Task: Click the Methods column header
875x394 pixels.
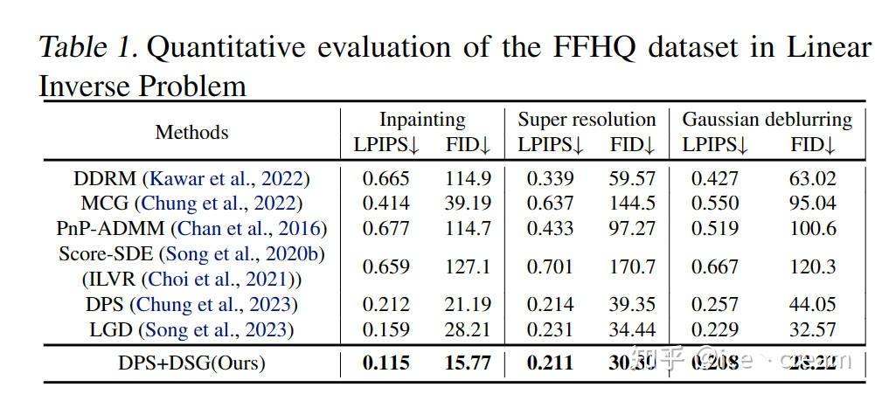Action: point(191,133)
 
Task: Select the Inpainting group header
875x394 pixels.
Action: point(422,120)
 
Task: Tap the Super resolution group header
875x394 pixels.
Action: point(587,120)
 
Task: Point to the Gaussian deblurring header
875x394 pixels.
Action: point(767,120)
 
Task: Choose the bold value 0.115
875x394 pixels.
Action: point(385,362)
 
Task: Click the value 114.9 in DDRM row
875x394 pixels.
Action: point(468,179)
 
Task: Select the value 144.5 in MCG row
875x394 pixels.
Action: point(632,204)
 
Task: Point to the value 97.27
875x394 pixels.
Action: point(632,229)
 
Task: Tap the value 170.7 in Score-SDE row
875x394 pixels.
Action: point(632,267)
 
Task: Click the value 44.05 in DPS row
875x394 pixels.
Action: point(812,305)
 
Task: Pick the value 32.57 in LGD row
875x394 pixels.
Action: point(812,329)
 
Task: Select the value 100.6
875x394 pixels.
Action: point(812,229)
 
